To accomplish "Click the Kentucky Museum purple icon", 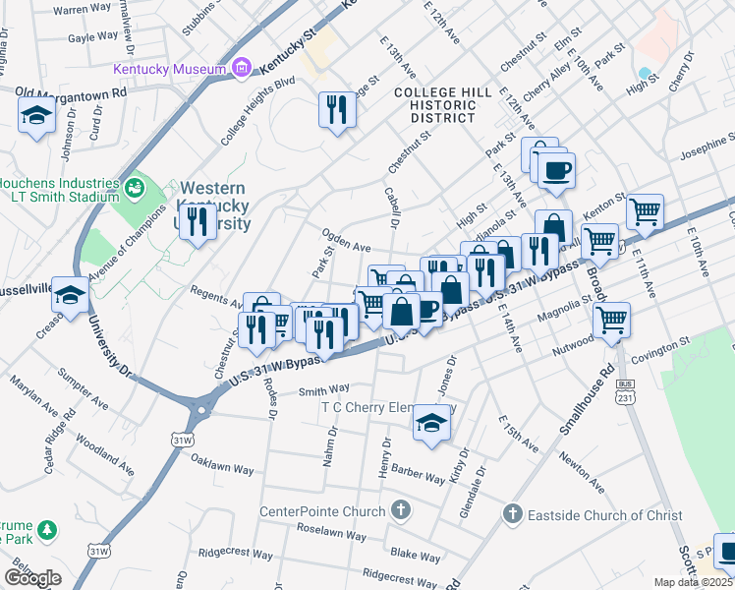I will point(241,69).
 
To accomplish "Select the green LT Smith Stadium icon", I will point(135,184).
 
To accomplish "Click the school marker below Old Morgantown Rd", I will point(36,115).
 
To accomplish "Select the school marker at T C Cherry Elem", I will point(429,421).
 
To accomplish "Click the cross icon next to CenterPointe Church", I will point(399,510).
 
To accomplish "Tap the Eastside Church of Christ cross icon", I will point(511,514).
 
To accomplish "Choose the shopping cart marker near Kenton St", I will point(645,209).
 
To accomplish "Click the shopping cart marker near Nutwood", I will point(611,319).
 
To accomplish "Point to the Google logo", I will point(32,578).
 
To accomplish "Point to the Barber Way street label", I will point(418,474).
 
